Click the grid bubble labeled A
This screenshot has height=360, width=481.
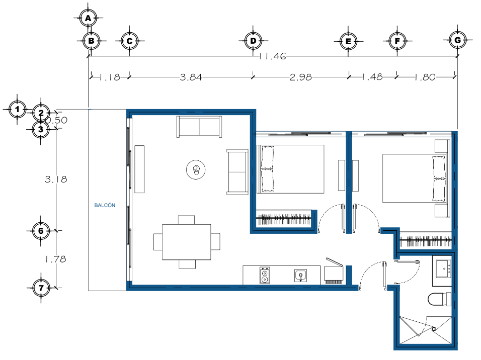pyautogui.click(x=88, y=18)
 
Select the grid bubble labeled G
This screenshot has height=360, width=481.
pyautogui.click(x=457, y=40)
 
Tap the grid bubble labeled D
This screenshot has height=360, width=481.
pyautogui.click(x=253, y=41)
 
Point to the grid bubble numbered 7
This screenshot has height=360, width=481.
pyautogui.click(x=41, y=288)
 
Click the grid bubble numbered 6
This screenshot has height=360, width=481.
pyautogui.click(x=41, y=231)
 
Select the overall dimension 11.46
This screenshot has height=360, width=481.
pyautogui.click(x=273, y=56)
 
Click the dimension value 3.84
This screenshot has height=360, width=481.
pyautogui.click(x=191, y=77)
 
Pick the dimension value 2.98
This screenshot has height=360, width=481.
pyautogui.click(x=301, y=77)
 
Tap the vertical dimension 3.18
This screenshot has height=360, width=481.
pyautogui.click(x=56, y=179)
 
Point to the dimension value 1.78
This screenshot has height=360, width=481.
pyautogui.click(x=55, y=259)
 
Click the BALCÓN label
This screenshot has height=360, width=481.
pyautogui.click(x=105, y=206)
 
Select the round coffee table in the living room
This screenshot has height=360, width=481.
pyautogui.click(x=196, y=169)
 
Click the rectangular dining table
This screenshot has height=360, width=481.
pyautogui.click(x=187, y=242)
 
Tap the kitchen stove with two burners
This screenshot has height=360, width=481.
pyautogui.click(x=265, y=275)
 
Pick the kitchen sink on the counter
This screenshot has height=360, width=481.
pyautogui.click(x=301, y=276)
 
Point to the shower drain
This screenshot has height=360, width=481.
pyautogui.click(x=433, y=329)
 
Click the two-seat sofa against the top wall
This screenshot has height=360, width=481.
pyautogui.click(x=199, y=127)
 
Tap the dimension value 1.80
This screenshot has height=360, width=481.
pyautogui.click(x=425, y=77)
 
